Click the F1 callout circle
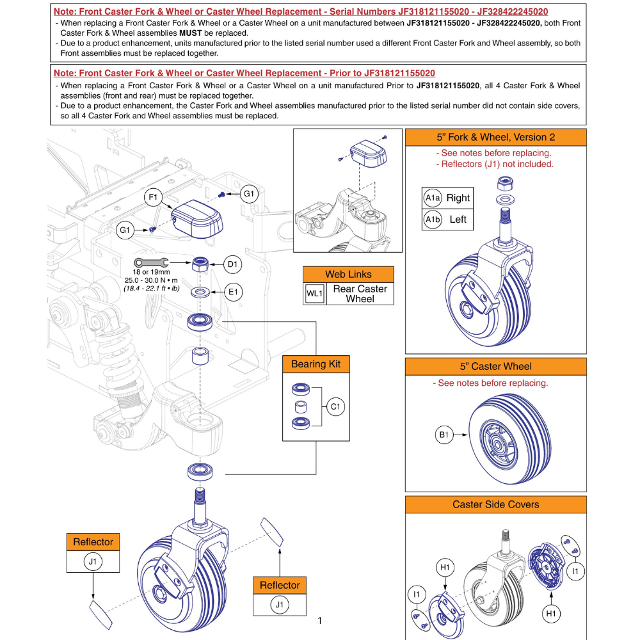tap(154, 198)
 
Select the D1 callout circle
tap(232, 263)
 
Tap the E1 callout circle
tap(232, 292)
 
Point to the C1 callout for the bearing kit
tap(336, 406)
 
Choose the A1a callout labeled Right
tap(432, 198)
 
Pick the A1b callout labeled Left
tap(432, 220)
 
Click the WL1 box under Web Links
tap(314, 294)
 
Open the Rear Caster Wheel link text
tap(360, 294)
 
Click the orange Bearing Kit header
tap(316, 364)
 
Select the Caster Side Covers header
tap(495, 504)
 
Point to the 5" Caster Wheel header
tap(495, 367)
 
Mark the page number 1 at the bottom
tap(319, 620)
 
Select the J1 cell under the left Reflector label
tap(93, 563)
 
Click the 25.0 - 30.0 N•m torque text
tap(152, 280)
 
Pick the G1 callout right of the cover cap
tap(248, 193)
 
